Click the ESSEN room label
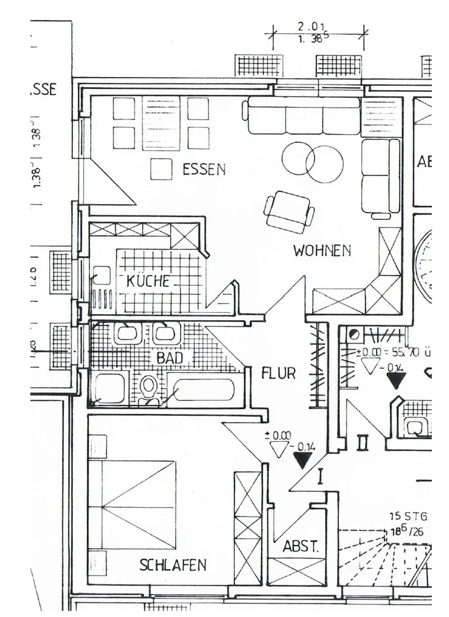click(204, 169)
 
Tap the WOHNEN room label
click(322, 251)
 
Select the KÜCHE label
click(148, 281)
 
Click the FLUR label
click(278, 373)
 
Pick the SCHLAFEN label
click(173, 565)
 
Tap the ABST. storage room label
click(301, 547)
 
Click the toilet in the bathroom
click(148, 389)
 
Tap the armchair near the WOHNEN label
click(289, 211)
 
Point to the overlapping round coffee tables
click(312, 162)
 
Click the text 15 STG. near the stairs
click(408, 516)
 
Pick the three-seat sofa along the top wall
click(303, 115)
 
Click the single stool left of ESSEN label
click(161, 169)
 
